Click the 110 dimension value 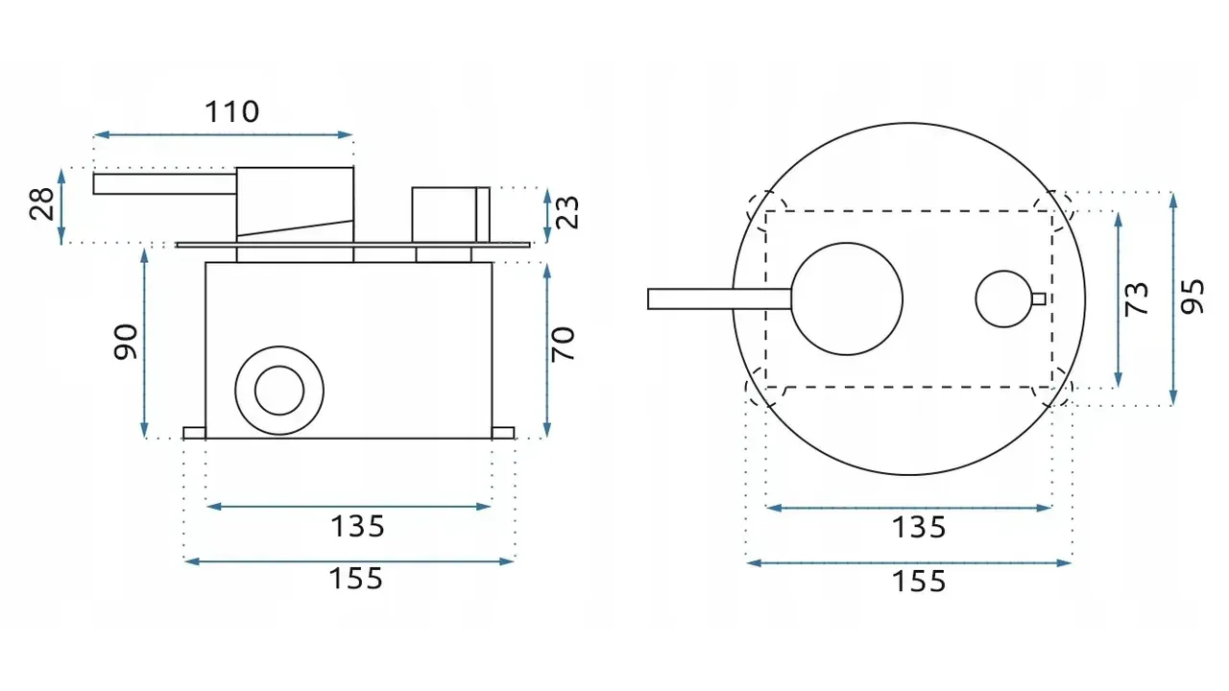[x=231, y=112]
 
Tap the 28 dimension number [x=41, y=204]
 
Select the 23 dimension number [x=567, y=212]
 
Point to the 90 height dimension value [x=126, y=342]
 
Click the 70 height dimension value [x=563, y=344]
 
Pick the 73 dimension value [x=1136, y=298]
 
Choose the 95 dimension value [x=1193, y=297]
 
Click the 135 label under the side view [x=358, y=527]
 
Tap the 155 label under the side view [x=356, y=579]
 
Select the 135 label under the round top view [x=919, y=528]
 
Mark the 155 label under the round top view [x=919, y=582]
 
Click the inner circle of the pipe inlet [x=279, y=391]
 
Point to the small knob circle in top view [x=1004, y=298]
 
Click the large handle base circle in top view [x=847, y=298]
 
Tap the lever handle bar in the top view [x=719, y=298]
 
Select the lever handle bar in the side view [x=164, y=183]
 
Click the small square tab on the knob [x=1039, y=298]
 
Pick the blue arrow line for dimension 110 [x=224, y=134]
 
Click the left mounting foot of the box [x=194, y=433]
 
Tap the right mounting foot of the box [x=503, y=433]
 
